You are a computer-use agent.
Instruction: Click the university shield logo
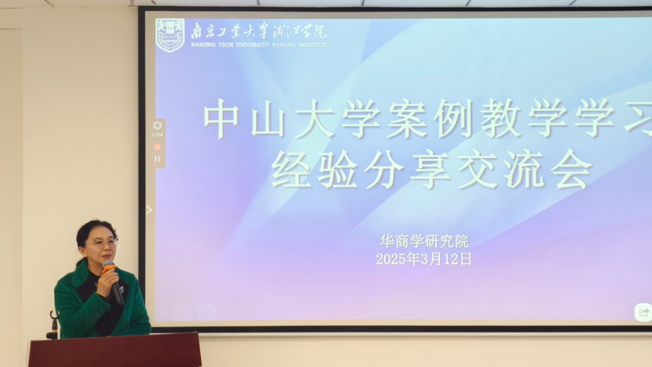[x=170, y=36]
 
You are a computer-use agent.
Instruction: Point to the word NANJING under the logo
[x=203, y=45]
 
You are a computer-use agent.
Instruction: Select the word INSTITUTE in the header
[x=312, y=45]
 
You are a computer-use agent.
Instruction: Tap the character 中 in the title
[x=221, y=119]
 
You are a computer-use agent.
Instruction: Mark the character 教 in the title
[x=500, y=119]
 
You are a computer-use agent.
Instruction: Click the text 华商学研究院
[x=424, y=241]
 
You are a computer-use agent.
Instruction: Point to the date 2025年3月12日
[x=424, y=259]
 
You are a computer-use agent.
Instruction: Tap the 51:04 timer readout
[x=157, y=135]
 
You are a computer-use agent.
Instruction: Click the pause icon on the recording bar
[x=157, y=159]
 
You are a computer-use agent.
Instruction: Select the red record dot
[x=157, y=147]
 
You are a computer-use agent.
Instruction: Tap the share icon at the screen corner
[x=644, y=312]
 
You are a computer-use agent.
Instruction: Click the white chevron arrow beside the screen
[x=149, y=210]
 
